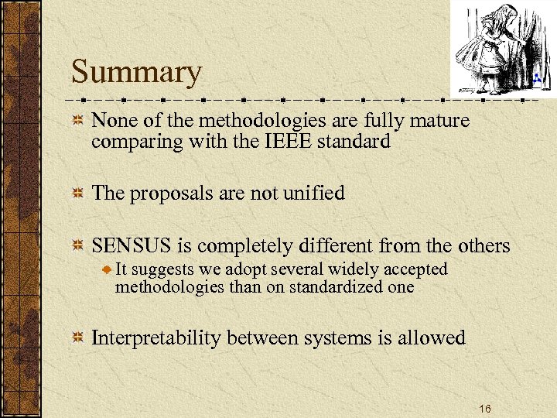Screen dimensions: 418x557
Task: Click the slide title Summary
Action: pos(136,72)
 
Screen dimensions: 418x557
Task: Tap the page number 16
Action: pos(484,409)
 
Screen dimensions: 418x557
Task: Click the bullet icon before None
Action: pos(77,122)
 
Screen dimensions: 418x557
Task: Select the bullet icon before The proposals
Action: pos(77,194)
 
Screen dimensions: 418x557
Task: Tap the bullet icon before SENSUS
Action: pos(77,247)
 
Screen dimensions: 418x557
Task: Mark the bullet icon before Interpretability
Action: pos(77,338)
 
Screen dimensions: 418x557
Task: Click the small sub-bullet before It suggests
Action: pos(108,269)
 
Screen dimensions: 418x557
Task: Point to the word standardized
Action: pos(319,286)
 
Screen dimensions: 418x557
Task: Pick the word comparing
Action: pos(128,142)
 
